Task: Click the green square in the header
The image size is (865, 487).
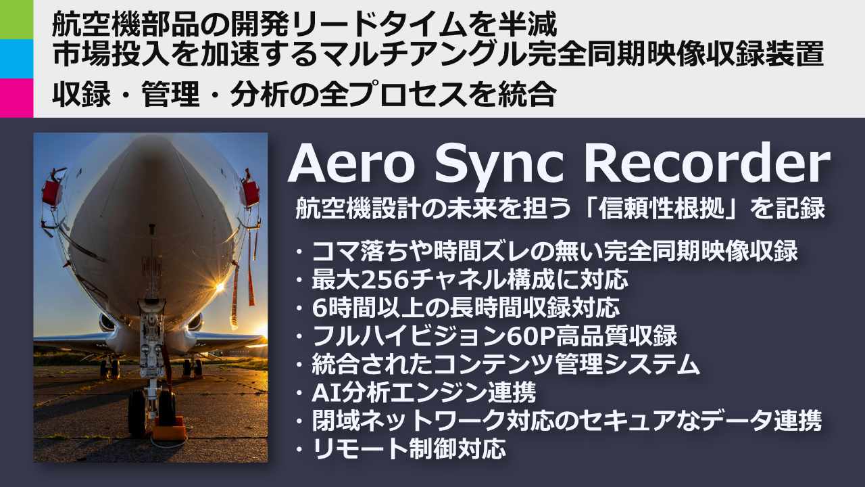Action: pos(16,19)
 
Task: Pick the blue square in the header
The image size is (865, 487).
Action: pos(16,58)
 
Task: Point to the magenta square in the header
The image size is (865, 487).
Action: pos(16,97)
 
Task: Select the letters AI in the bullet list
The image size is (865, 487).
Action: pos(322,392)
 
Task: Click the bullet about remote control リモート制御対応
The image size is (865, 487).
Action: pos(408,449)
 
